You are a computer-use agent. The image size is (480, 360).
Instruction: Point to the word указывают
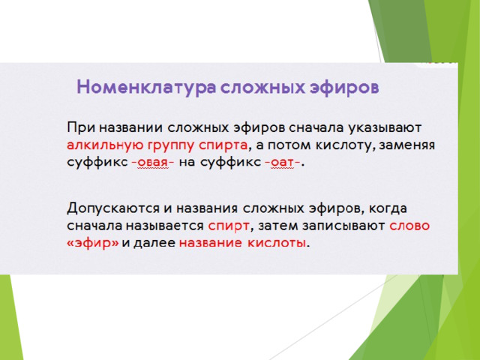385,128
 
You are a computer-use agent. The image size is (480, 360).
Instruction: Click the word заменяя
407,145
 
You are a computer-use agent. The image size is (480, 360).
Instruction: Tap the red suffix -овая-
152,162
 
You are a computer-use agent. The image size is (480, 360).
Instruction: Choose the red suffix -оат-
282,162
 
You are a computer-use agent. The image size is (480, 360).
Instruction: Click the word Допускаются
113,208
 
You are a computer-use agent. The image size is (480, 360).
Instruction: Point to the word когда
388,208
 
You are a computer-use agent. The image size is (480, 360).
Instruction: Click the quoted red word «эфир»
93,243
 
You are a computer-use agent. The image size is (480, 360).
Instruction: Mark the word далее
154,243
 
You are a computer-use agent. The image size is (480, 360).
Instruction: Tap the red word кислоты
277,243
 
